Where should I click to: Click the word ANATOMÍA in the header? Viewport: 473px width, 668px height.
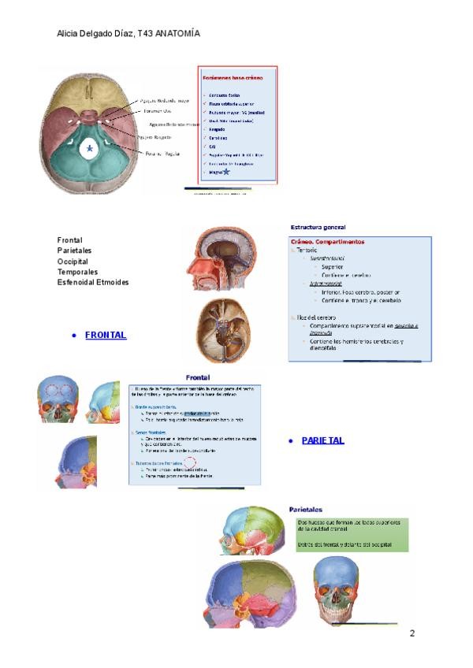coord(177,34)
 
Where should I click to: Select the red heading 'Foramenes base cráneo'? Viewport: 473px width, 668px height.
coord(232,78)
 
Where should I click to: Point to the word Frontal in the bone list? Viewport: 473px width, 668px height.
coord(69,240)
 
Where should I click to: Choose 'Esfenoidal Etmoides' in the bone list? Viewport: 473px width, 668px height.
coord(93,282)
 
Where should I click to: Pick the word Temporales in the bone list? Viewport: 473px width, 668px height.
coord(77,272)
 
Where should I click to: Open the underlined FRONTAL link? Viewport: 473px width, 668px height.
coord(106,336)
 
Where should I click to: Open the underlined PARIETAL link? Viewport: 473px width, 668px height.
coord(322,441)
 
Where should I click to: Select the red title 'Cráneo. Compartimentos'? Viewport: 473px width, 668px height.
coord(327,242)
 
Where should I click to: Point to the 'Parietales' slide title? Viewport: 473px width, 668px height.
coord(305,510)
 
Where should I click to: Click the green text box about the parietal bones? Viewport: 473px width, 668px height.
coord(352,533)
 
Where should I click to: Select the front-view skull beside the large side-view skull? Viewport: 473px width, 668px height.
coord(337,590)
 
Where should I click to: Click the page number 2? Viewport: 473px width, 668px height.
coord(412,633)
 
